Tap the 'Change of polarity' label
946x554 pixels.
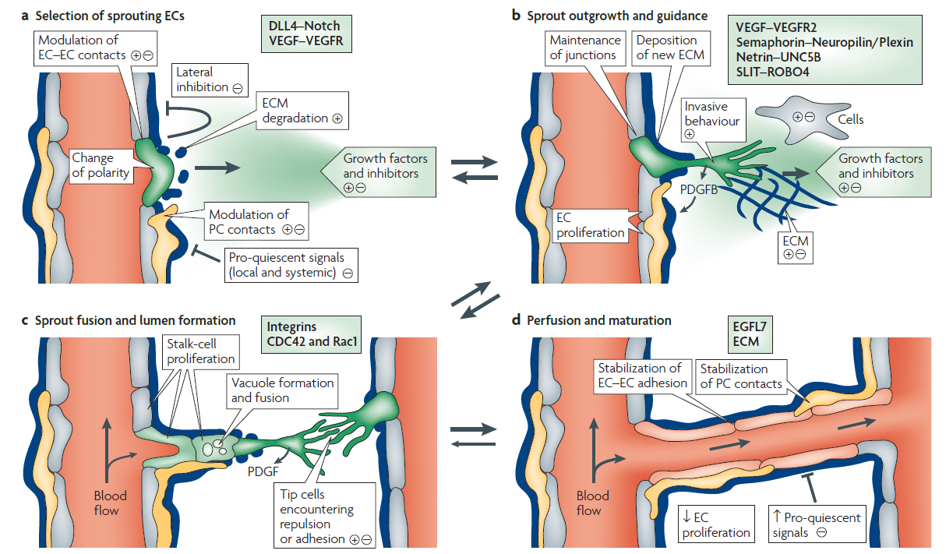[101, 164]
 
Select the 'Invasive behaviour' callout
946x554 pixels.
[711, 119]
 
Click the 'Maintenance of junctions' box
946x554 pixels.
[585, 47]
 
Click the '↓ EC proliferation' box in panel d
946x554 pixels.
[715, 522]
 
